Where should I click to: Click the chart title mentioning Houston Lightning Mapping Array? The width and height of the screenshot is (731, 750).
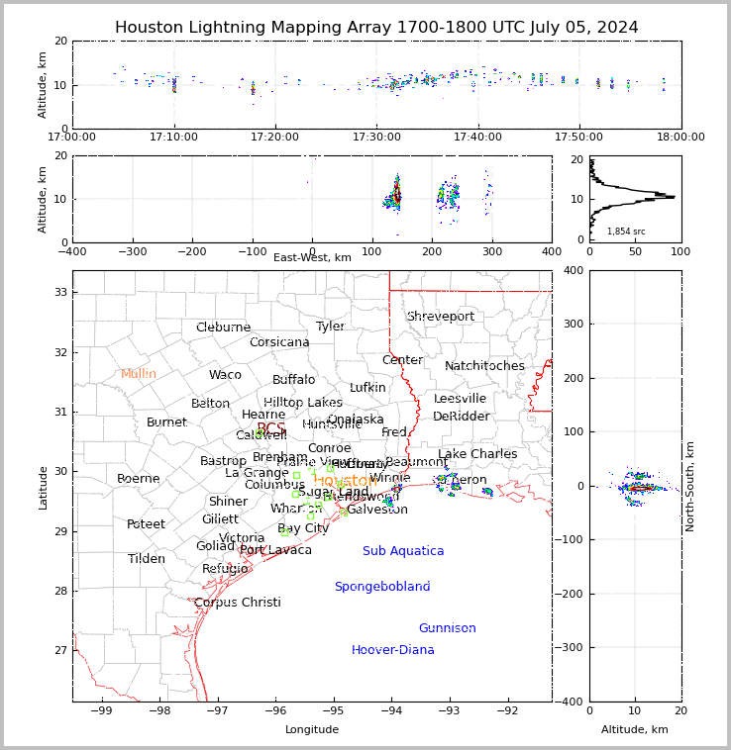pos(376,28)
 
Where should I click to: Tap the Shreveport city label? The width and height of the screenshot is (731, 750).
pos(441,317)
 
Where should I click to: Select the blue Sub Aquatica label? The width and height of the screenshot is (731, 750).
pos(403,551)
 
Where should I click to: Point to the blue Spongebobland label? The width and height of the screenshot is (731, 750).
pos(382,587)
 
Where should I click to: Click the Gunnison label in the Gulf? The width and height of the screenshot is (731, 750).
pos(447,628)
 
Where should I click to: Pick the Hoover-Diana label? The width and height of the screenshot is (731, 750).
pos(393,650)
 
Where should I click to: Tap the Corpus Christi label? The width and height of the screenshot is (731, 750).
pos(238,603)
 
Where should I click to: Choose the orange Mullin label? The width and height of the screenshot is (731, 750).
pos(139,374)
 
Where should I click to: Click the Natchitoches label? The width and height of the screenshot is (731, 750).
pos(484,366)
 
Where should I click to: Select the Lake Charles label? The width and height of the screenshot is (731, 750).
pos(477,454)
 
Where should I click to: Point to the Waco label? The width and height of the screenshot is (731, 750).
pos(225,375)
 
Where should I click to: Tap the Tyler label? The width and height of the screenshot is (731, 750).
pos(330,327)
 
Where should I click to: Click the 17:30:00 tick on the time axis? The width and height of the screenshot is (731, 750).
pos(377,137)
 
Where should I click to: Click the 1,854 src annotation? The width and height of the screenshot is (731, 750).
pos(626,232)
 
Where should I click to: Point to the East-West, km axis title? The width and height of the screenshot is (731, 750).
pos(312,258)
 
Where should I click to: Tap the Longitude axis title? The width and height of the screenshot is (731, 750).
pos(312,730)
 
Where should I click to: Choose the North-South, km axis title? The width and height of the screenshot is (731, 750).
pos(690,486)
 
